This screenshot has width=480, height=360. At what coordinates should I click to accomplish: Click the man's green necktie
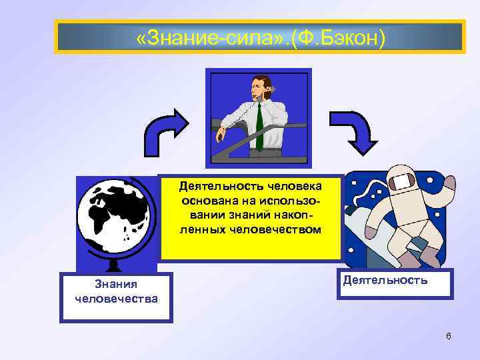tap(259, 127)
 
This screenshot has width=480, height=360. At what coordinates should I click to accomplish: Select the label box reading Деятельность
tap(396, 283)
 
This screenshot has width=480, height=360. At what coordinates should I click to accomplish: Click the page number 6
tap(449, 336)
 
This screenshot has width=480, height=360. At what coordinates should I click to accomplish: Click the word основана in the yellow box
tap(207, 200)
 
